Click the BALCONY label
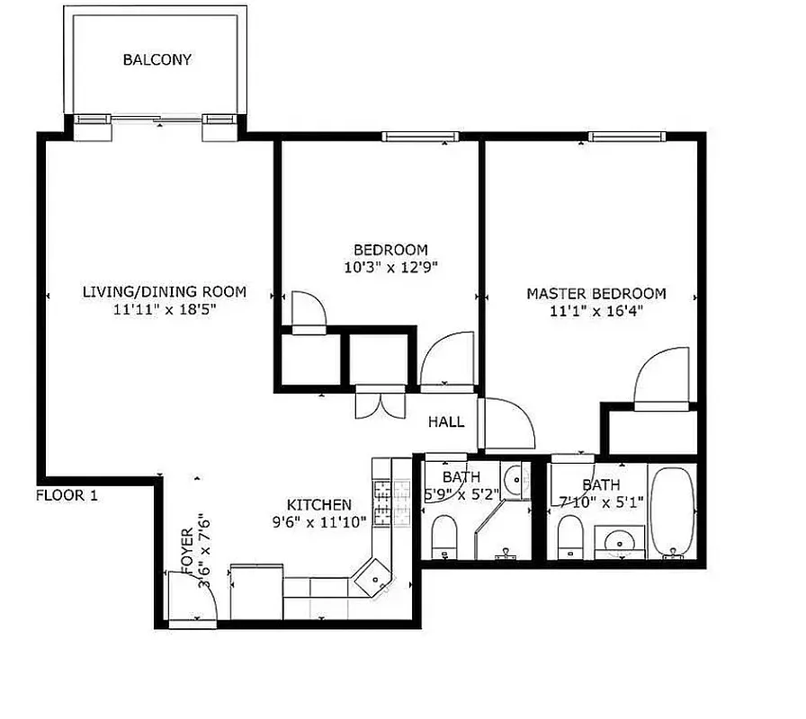click(x=157, y=60)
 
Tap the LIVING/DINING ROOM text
click(x=164, y=292)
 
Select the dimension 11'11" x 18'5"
click(x=164, y=309)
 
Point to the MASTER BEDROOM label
click(x=596, y=294)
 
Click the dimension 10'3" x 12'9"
click(x=390, y=267)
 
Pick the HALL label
click(x=446, y=422)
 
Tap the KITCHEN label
click(x=318, y=505)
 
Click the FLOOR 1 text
click(x=67, y=495)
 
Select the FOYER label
click(x=187, y=551)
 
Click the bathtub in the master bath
click(x=671, y=511)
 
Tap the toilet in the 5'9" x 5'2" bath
click(x=445, y=537)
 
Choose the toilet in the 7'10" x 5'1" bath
click(x=571, y=537)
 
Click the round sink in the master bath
click(x=620, y=541)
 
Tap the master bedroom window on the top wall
click(x=628, y=137)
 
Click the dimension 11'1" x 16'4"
click(x=596, y=311)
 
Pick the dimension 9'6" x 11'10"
click(x=318, y=522)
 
